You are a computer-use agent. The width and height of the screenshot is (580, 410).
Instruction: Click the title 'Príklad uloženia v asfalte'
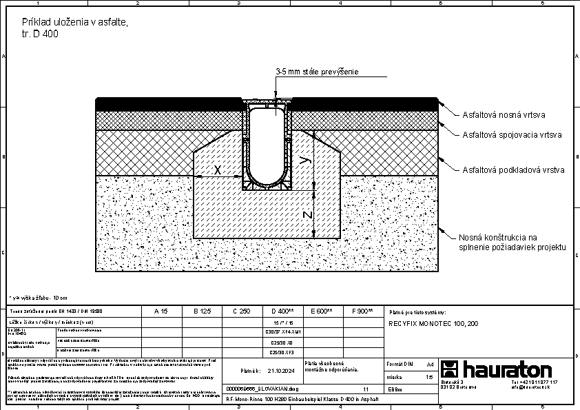click(75, 23)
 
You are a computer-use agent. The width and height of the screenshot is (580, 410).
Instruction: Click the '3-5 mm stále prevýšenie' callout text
click(317, 72)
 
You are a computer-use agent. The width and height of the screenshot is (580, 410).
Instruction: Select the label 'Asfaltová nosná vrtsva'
click(505, 115)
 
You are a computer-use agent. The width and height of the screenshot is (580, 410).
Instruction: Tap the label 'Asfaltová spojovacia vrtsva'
click(512, 135)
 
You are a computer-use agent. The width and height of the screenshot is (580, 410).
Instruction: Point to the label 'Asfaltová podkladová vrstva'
click(514, 169)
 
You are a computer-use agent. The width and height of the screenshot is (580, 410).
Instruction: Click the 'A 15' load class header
click(160, 311)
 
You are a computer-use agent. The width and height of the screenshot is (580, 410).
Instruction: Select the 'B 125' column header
click(201, 311)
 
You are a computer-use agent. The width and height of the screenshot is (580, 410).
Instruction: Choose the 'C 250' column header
click(241, 311)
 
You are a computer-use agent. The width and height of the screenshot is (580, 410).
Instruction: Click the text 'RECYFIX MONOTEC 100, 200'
click(434, 322)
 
